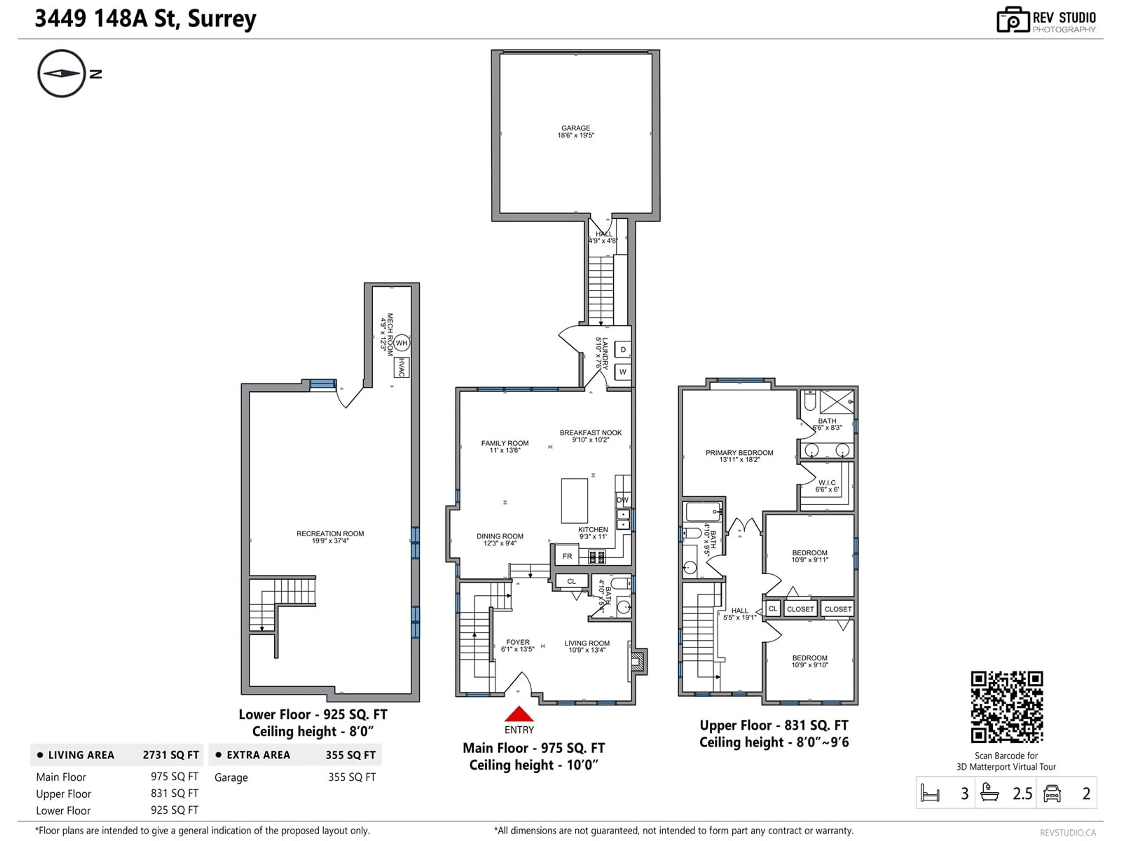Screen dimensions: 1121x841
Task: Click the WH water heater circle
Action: pyautogui.click(x=401, y=343)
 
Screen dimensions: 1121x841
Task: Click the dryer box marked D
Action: pyautogui.click(x=623, y=349)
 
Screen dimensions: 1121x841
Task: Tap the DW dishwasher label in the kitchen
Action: pyautogui.click(x=622, y=500)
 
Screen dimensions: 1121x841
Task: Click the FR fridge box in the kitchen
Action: pyautogui.click(x=568, y=556)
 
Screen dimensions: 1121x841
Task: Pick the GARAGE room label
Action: pyautogui.click(x=576, y=132)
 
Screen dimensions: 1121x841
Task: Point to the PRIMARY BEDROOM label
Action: pyautogui.click(x=739, y=456)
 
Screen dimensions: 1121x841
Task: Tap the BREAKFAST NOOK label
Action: pyautogui.click(x=590, y=436)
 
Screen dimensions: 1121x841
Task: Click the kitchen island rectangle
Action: pyautogui.click(x=574, y=500)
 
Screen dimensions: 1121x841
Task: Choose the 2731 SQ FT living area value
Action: pyautogui.click(x=171, y=755)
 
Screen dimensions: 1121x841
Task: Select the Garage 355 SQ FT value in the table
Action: pyautogui.click(x=352, y=777)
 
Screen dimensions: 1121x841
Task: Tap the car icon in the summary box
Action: pyautogui.click(x=1052, y=793)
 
